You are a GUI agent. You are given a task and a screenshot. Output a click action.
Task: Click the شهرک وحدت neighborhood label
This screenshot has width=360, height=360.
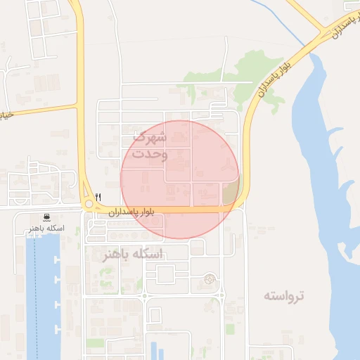(149, 144)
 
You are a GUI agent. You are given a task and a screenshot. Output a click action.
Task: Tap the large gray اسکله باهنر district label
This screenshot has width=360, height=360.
(132, 254)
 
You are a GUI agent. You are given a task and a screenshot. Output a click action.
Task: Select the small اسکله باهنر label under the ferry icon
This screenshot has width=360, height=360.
(46, 229)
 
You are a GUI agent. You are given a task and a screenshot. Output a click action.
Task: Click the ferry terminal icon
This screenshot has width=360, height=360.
(46, 217)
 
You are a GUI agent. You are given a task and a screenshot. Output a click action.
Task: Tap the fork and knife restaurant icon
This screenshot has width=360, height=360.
(98, 198)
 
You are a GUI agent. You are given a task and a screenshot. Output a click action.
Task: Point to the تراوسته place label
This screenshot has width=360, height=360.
(284, 295)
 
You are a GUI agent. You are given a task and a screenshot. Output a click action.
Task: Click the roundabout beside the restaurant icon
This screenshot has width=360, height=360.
(89, 205)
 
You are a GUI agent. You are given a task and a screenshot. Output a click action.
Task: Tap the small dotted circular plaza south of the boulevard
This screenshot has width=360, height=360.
(208, 280)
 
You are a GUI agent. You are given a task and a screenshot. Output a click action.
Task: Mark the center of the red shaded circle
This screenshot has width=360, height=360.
(180, 180)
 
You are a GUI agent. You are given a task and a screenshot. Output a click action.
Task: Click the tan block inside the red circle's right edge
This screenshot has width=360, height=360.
(231, 191)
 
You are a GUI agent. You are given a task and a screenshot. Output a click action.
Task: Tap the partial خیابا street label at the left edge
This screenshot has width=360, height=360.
(6, 115)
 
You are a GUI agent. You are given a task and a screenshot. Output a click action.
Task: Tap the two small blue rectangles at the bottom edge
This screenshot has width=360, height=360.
(157, 352)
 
